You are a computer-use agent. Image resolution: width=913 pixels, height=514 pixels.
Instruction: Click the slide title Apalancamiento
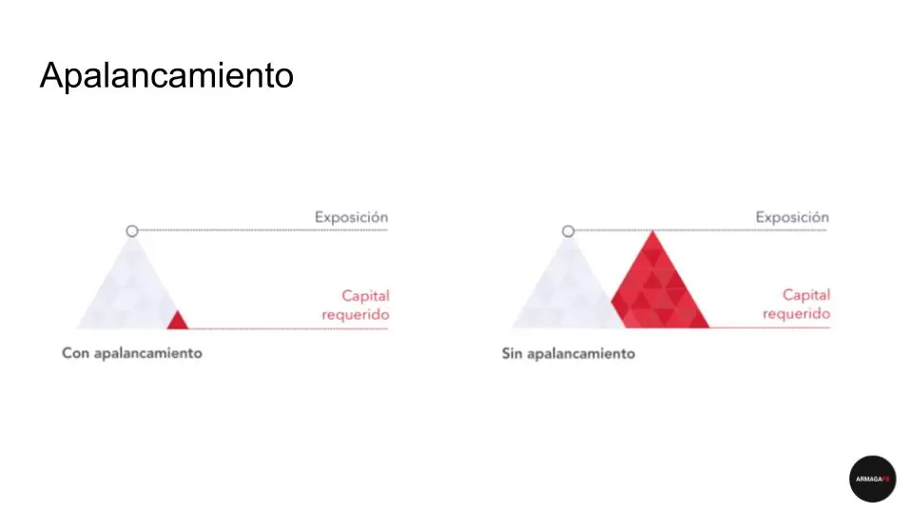coord(166,76)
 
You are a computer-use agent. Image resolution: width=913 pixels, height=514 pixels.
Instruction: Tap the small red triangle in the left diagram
coord(178,322)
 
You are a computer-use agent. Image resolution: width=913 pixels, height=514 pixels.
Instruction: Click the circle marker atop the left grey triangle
coord(132,231)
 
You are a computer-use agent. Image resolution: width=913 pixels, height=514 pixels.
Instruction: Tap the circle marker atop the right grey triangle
coord(569,231)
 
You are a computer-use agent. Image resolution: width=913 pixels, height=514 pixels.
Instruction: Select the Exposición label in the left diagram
coord(351,217)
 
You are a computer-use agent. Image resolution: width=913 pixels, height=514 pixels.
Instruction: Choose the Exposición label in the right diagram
coord(792,217)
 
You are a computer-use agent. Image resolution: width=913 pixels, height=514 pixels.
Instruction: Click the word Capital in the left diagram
coord(365,296)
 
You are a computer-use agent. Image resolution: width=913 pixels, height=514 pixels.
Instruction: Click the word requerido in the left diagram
coord(355,315)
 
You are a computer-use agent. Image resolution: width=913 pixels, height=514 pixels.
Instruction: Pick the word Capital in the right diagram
coord(806,295)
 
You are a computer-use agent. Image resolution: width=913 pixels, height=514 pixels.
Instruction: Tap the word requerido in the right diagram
coord(796,314)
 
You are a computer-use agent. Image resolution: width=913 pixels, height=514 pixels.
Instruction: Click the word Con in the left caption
coord(76,353)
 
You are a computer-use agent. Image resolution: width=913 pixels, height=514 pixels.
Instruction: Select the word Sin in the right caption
coord(512,354)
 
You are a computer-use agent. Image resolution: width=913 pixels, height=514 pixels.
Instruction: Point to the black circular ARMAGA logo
coord(872,479)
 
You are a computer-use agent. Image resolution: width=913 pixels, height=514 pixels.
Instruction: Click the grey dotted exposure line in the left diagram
coord(263,230)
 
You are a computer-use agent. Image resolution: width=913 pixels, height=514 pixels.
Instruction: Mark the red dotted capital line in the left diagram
coord(288,328)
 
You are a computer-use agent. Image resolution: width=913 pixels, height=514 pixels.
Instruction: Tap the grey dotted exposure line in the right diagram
coord(701,230)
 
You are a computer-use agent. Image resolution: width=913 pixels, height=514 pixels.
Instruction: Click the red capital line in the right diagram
coord(769,328)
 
